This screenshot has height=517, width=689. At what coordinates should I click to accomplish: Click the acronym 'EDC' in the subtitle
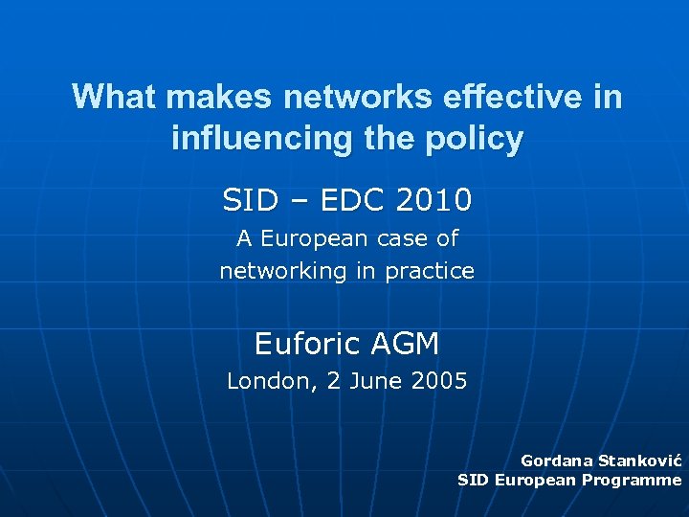coord(349,200)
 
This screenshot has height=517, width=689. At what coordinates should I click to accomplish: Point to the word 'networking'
coord(283,272)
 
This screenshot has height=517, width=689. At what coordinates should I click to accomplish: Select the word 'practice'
coord(430,272)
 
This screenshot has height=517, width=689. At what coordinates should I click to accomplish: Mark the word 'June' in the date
coord(374,381)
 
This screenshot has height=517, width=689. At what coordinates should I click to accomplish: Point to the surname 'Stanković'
coord(640,461)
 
